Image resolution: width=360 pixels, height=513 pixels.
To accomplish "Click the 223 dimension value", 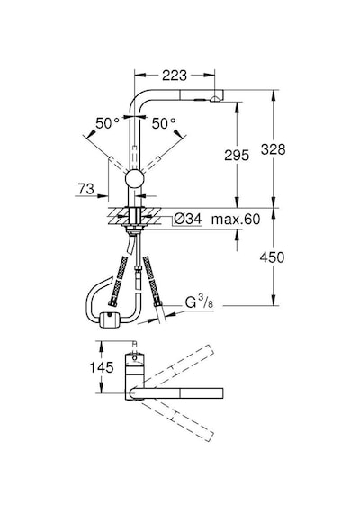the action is point(175,76).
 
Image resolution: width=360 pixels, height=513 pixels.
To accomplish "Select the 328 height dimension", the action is point(274,149).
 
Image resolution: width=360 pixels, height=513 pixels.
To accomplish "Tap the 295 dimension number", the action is point(237,155).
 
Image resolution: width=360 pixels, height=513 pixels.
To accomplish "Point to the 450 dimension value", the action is point(272,257).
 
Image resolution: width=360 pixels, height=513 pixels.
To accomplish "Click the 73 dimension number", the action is point(85,189).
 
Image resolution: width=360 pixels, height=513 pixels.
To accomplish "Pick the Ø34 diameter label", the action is point(187,219).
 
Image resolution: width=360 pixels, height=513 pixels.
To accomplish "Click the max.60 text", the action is point(236,220).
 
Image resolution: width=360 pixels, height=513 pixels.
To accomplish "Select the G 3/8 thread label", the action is point(199,302).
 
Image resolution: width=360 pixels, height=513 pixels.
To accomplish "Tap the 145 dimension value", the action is point(102,367).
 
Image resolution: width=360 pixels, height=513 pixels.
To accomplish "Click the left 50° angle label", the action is point(107,123).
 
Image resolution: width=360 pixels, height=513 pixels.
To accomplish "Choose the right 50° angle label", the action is point(164,123).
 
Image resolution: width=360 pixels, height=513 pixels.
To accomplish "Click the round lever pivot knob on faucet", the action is point(134,180).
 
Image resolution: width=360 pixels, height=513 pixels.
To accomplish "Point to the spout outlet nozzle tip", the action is point(215,100).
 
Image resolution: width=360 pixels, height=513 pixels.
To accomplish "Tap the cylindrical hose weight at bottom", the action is point(109,319).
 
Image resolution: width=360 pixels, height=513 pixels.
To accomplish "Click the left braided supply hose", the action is point(118,282).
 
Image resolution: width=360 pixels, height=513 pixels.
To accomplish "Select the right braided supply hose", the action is point(152,282).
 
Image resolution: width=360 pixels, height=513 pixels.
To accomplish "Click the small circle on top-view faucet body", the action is point(134,358).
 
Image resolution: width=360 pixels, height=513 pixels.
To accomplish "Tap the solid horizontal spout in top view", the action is point(176,393).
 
